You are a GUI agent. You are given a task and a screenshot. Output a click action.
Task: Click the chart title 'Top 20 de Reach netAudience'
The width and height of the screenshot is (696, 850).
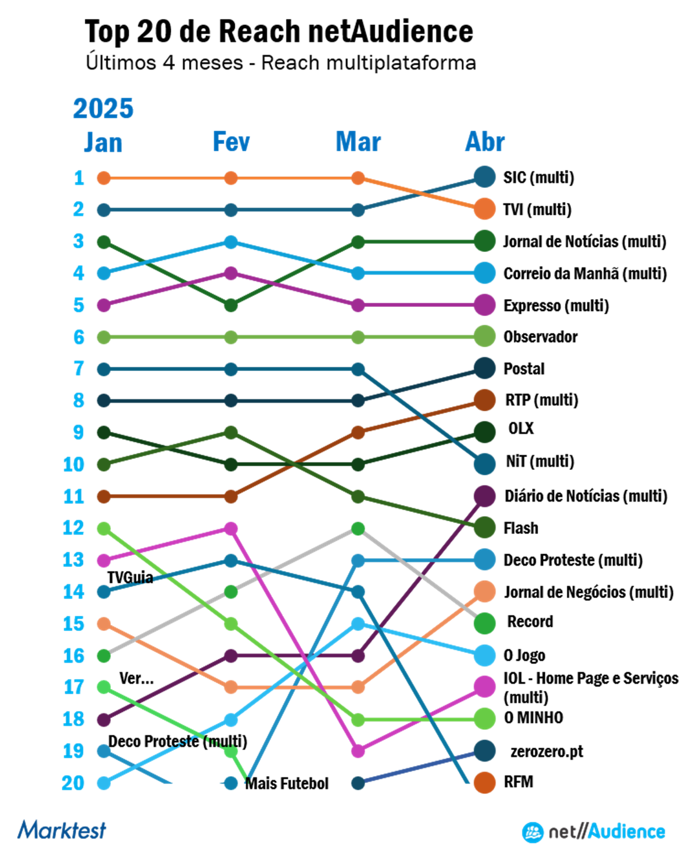[279, 32]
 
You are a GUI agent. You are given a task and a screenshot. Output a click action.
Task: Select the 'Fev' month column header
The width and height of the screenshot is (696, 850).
[231, 142]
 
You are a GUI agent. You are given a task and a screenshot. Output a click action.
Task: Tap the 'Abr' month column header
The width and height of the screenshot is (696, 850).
[485, 142]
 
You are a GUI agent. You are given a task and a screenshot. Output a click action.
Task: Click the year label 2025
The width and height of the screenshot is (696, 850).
[103, 109]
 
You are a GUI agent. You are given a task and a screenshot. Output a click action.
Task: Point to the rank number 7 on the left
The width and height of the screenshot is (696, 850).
[79, 369]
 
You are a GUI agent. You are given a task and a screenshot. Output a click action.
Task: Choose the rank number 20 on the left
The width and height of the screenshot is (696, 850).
[73, 782]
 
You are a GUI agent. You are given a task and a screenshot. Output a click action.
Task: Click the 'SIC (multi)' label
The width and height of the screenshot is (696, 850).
[538, 178]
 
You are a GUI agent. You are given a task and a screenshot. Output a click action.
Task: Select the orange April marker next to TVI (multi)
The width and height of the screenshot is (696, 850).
[485, 209]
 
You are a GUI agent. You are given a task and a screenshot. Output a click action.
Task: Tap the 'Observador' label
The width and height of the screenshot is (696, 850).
[540, 337]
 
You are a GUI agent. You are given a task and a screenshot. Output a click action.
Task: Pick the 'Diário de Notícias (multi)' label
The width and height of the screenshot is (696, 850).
[585, 496]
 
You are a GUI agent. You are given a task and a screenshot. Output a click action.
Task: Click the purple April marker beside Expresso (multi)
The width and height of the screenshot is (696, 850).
[485, 304]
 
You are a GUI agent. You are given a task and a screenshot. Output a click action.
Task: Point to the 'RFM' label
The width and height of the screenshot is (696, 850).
[518, 782]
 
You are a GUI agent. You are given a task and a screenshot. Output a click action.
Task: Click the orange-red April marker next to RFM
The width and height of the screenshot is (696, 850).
[485, 782]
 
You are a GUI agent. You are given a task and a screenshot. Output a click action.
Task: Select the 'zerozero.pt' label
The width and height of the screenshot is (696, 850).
[546, 751]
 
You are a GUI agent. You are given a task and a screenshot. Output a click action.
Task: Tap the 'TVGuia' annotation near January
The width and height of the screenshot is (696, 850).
[130, 577]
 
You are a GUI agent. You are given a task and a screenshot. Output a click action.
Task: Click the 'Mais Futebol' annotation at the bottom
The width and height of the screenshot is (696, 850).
[286, 783]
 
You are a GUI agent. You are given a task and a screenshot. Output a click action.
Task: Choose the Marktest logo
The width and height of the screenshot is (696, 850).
[62, 830]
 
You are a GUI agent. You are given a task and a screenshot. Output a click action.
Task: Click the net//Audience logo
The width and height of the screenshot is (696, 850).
[593, 831]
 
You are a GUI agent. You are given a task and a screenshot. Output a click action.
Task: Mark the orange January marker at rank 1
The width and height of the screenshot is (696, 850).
[104, 178]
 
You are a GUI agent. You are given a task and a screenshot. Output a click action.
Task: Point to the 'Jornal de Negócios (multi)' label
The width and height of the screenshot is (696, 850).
[588, 592]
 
